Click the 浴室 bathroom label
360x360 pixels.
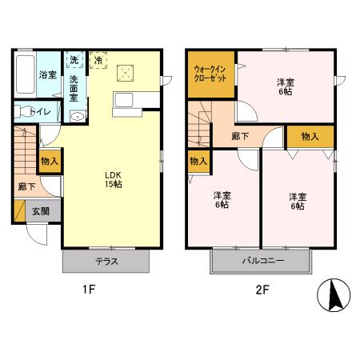pyautogui.click(x=48, y=75)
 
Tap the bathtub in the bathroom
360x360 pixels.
pyautogui.click(x=25, y=74)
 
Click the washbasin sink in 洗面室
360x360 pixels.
pyautogui.click(x=78, y=116)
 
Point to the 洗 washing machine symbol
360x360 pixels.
pyautogui.click(x=74, y=59)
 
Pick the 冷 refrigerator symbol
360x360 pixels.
pyautogui.click(x=98, y=60)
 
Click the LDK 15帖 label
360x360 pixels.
pyautogui.click(x=113, y=180)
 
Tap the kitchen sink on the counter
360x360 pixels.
pyautogui.click(x=124, y=100)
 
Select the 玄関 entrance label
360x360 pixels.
pyautogui.click(x=41, y=211)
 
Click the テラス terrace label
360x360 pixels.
pyautogui.click(x=107, y=262)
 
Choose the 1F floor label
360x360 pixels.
pyautogui.click(x=89, y=290)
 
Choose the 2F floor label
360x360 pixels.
pyautogui.click(x=262, y=290)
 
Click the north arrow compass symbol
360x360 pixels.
pyautogui.click(x=334, y=295)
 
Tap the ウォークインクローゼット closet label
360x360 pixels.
pyautogui.click(x=210, y=74)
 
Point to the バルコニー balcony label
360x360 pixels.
pyautogui.click(x=263, y=261)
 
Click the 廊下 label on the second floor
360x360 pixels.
pyautogui.click(x=240, y=136)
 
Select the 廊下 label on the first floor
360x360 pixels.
pyautogui.click(x=26, y=186)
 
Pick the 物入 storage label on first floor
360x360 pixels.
pyautogui.click(x=50, y=161)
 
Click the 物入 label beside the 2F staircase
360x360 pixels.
pyautogui.click(x=198, y=161)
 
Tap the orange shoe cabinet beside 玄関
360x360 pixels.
pyautogui.click(x=19, y=210)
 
